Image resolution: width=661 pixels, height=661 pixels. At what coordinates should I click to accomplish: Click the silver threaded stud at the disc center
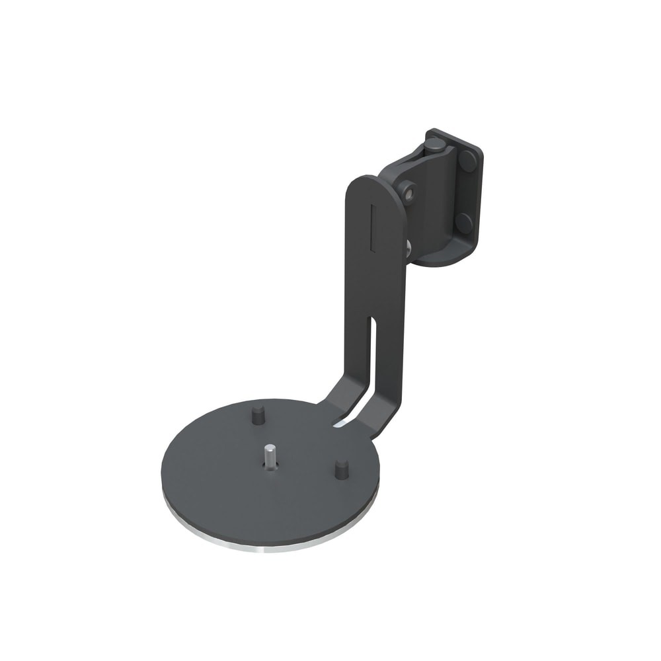[270, 455]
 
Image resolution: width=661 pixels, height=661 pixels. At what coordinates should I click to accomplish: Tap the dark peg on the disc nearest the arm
[258, 415]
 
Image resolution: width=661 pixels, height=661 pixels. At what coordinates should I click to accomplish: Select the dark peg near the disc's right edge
[341, 469]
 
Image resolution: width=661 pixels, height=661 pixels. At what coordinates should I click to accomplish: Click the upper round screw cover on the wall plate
[468, 161]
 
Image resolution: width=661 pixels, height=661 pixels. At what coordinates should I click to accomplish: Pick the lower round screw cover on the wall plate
[464, 222]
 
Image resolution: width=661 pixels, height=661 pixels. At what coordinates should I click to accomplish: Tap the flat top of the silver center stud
[270, 447]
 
